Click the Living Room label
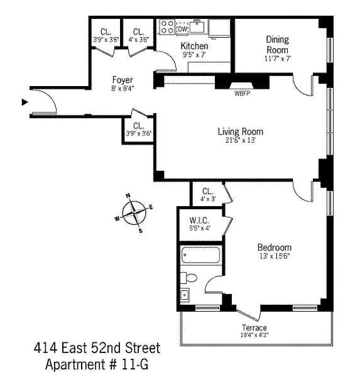coord(241,131)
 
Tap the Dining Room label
coord(278,45)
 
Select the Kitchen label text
coord(194,46)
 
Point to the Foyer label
coord(123,80)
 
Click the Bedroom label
coord(275,248)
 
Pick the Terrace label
coord(254,328)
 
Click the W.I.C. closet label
coord(199,220)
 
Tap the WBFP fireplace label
coord(242,93)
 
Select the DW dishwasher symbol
coord(183,29)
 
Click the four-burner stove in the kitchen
coord(167,27)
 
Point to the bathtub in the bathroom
coord(200,255)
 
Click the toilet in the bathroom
coord(188,278)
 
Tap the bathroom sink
coord(185,295)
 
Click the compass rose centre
coord(134,213)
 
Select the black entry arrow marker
coord(25,102)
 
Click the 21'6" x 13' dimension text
coord(241,140)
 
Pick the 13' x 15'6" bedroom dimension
coord(275,256)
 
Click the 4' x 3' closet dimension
coord(208,199)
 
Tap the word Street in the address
coord(143,348)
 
